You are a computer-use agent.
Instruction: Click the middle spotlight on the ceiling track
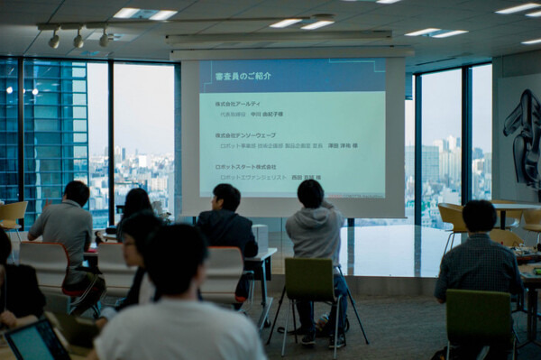pyautogui.click(x=78, y=40)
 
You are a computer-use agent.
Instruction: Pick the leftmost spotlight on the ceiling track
pyautogui.click(x=54, y=40)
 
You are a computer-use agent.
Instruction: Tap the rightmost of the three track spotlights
pyautogui.click(x=105, y=39)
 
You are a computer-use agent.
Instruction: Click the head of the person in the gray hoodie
pyautogui.click(x=310, y=194)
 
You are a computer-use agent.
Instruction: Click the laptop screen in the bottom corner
pyautogui.click(x=36, y=343)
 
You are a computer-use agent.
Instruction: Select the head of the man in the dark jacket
pyautogui.click(x=226, y=198)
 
